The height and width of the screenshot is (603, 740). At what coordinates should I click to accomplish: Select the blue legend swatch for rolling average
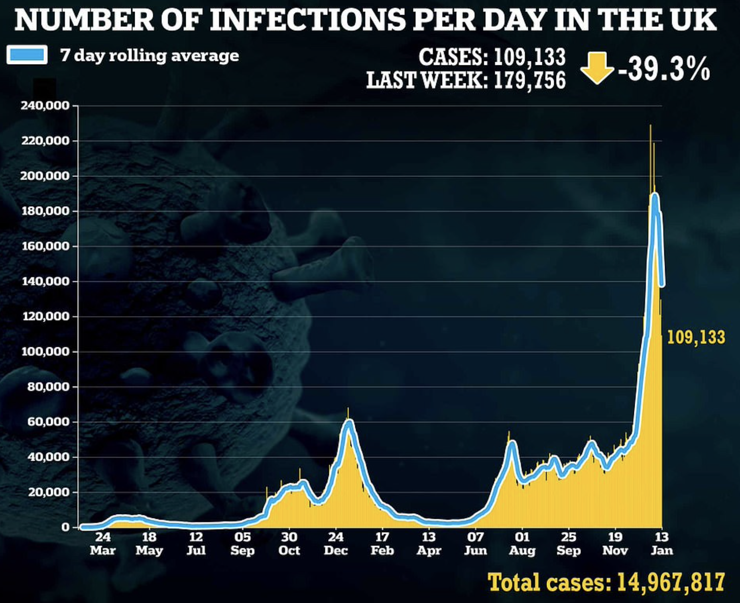(x=27, y=55)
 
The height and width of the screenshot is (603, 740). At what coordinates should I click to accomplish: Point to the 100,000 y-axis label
(x=44, y=352)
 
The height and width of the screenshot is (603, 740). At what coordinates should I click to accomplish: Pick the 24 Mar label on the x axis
(x=102, y=544)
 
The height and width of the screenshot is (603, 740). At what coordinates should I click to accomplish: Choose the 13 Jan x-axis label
(x=662, y=544)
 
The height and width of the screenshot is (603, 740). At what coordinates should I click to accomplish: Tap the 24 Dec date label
(x=336, y=544)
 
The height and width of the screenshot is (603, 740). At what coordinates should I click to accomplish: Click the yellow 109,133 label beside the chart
(x=696, y=337)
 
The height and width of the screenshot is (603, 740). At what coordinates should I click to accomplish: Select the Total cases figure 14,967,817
(x=671, y=582)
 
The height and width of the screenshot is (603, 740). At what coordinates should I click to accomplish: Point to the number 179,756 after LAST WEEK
(x=530, y=80)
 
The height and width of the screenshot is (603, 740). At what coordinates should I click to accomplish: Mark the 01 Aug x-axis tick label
(x=522, y=544)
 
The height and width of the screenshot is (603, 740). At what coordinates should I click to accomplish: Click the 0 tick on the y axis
(x=65, y=527)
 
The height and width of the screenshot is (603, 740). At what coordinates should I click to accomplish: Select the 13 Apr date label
(x=429, y=544)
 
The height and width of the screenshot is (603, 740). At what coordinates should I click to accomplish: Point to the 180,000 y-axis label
(x=44, y=211)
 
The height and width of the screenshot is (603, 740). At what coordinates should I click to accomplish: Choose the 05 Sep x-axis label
(x=242, y=544)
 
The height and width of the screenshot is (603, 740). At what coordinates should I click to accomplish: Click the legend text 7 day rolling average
(x=150, y=55)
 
